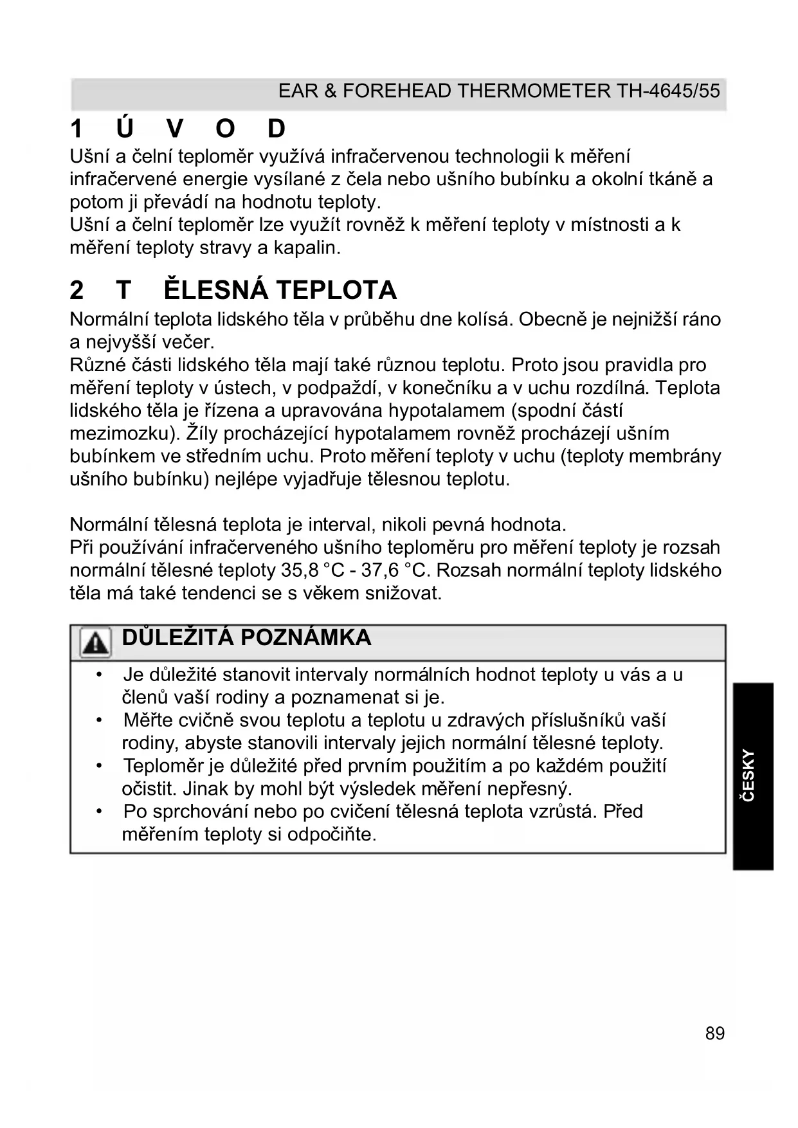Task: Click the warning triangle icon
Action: (95, 642)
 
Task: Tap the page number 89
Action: (714, 1033)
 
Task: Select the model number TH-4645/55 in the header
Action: (668, 91)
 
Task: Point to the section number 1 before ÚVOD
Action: (77, 129)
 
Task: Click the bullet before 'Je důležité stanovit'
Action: (98, 675)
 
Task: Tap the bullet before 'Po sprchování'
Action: (98, 812)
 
